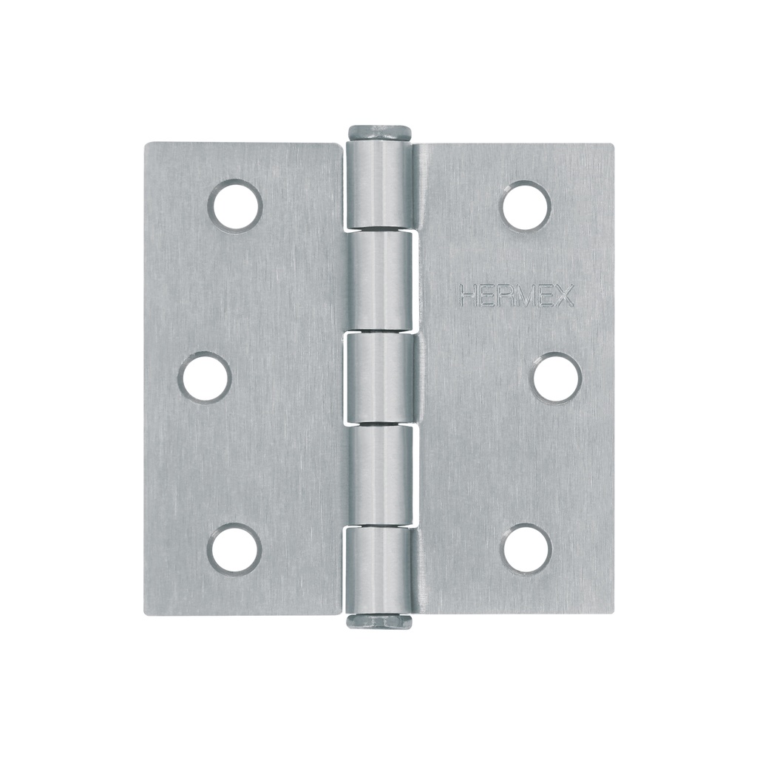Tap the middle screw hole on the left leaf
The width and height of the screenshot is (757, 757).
coord(205,378)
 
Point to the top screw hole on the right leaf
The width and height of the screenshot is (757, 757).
coord(526,206)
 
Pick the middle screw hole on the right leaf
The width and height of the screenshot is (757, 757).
coord(557,378)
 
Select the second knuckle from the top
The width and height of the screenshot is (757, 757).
coord(379,279)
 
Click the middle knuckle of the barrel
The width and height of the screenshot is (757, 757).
coord(379,378)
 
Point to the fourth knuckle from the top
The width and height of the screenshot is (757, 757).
coord(379,475)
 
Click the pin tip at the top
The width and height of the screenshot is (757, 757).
coord(380,132)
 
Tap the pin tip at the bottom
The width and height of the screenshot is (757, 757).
coord(380,622)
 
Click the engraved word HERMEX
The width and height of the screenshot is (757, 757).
coord(517,296)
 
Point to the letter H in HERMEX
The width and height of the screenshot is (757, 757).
coord(468,296)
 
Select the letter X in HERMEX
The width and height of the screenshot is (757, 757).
coord(566,296)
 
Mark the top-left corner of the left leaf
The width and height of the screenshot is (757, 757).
coord(146,145)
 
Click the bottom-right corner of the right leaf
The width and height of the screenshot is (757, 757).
coord(612,612)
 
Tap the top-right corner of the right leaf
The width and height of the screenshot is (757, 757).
coord(612,146)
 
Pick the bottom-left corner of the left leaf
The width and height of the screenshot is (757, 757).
coord(146,612)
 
